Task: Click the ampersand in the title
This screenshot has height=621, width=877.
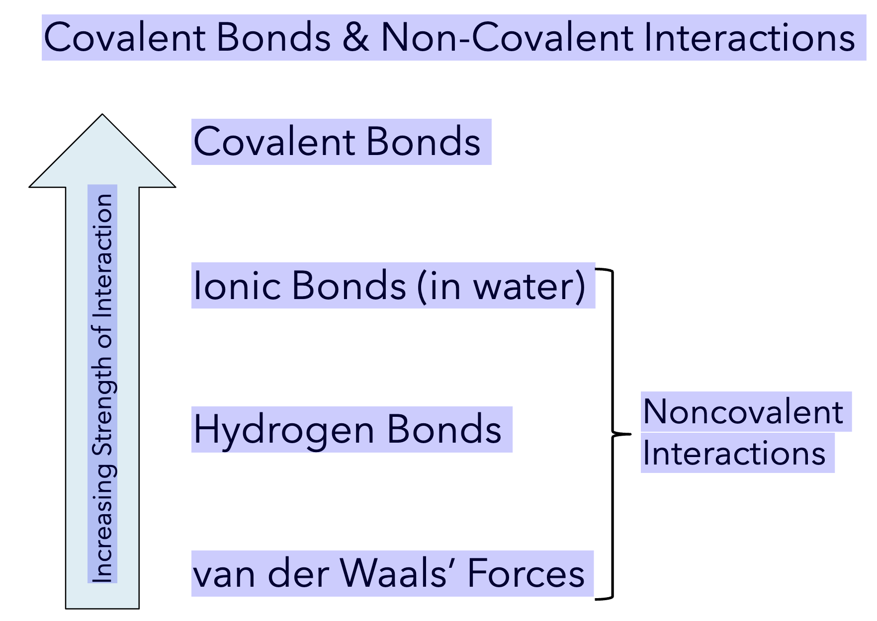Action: point(356,38)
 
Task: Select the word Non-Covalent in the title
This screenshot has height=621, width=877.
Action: point(507,38)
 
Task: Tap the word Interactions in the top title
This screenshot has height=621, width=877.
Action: point(749,38)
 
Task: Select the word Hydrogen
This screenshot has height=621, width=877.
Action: point(284,430)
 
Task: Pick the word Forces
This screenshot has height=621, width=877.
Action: point(526,573)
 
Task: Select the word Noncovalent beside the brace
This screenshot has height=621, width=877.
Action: point(743,412)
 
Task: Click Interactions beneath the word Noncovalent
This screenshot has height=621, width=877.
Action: point(734,453)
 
